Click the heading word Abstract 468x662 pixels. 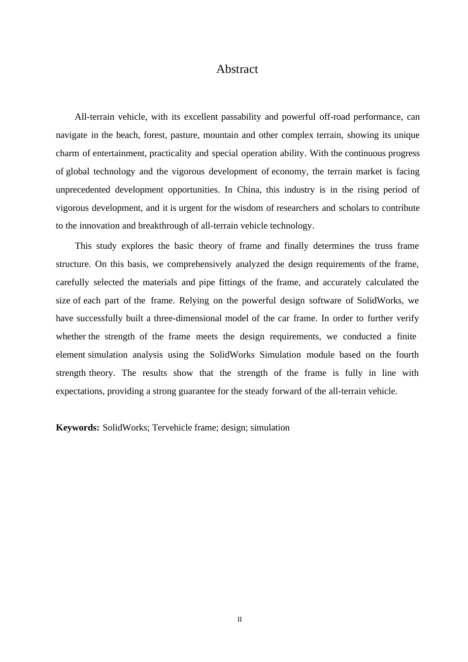237,69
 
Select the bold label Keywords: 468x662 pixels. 78,428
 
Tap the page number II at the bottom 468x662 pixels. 240,620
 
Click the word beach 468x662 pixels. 128,135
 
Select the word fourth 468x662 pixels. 407,355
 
